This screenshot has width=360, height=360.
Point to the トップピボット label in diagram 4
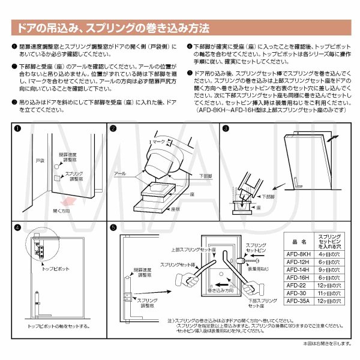[55, 271]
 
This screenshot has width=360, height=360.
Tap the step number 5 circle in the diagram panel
[114, 228]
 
